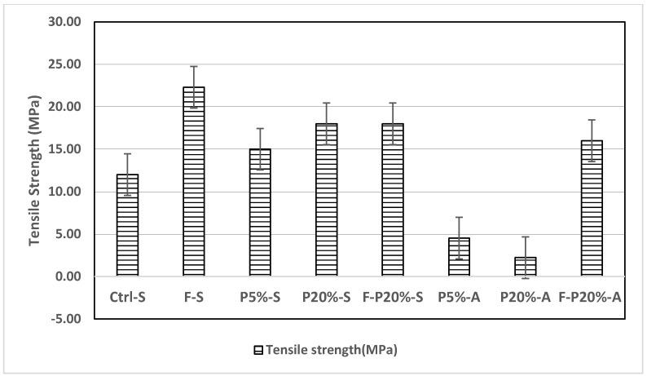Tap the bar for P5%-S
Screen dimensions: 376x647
[x=260, y=213]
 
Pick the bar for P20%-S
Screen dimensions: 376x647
[x=326, y=200]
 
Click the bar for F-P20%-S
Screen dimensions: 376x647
[x=392, y=200]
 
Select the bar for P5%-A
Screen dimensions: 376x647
[x=459, y=257]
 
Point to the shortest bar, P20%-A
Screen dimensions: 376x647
[x=525, y=267]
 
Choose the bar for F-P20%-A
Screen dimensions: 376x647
[x=592, y=209]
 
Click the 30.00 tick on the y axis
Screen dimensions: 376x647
[x=64, y=22]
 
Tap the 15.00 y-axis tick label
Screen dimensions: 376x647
[x=64, y=149]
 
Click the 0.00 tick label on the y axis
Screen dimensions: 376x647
[x=67, y=276]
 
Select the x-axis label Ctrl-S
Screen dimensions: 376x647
[x=127, y=298]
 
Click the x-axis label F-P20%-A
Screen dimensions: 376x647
[x=592, y=298]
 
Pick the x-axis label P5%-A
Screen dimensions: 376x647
[x=459, y=298]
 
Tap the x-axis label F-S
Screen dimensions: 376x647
[x=193, y=298]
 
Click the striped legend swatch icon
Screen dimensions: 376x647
[x=257, y=350]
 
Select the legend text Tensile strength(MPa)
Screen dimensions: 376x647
[x=330, y=350]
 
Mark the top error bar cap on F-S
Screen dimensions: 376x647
[x=193, y=67]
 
